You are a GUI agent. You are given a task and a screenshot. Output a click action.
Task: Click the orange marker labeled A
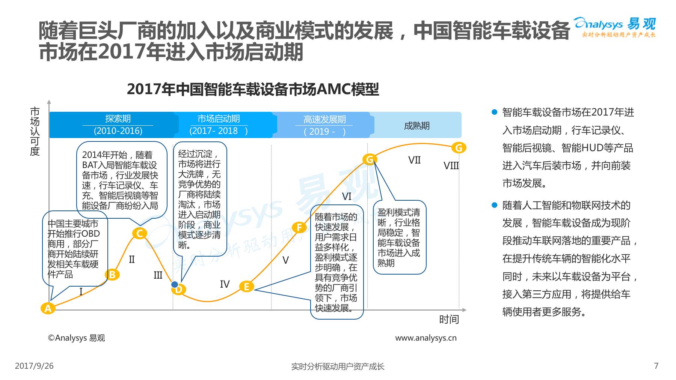click(48, 308)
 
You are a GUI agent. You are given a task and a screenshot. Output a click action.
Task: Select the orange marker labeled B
click(112, 275)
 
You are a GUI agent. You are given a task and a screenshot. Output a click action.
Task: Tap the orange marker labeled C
click(139, 233)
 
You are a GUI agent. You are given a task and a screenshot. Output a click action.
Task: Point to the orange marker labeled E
click(246, 287)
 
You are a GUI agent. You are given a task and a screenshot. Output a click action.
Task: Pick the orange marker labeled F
click(299, 227)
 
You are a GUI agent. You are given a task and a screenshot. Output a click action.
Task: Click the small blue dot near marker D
click(175, 284)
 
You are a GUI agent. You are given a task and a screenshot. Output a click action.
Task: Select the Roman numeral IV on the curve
click(225, 284)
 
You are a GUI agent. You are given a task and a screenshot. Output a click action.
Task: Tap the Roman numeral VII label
click(414, 160)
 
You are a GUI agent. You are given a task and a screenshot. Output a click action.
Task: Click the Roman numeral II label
click(131, 259)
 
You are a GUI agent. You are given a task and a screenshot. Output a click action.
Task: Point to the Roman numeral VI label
click(346, 196)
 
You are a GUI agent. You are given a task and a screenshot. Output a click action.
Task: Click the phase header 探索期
click(118, 119)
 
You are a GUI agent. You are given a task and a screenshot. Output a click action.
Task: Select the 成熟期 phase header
click(416, 126)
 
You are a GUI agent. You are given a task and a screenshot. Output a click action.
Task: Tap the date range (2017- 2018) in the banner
click(218, 131)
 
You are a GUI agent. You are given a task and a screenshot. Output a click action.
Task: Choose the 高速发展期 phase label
click(324, 119)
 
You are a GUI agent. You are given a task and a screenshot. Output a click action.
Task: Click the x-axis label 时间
click(449, 319)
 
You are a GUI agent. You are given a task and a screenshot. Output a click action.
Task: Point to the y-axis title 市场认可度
click(35, 131)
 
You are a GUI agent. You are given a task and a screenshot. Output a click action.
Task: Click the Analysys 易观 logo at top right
click(615, 27)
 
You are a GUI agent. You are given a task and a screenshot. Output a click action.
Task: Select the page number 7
click(656, 366)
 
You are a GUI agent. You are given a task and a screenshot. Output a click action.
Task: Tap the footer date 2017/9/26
click(34, 366)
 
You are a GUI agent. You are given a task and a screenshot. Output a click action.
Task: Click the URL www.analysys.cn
click(426, 338)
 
